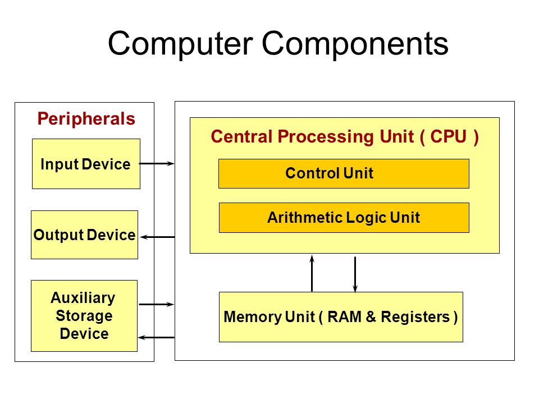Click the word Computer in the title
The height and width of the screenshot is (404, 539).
point(181,44)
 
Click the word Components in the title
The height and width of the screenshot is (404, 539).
point(355,44)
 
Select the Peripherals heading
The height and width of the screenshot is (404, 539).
point(86,119)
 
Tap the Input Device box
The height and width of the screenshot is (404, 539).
point(86,164)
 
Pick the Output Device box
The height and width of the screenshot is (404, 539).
point(85,235)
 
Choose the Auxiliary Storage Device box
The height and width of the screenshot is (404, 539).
point(84,316)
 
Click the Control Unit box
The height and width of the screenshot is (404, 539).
point(344,173)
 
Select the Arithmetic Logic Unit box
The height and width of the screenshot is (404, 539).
point(344,218)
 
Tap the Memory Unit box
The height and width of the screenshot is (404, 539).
point(341,316)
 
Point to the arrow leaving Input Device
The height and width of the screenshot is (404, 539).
point(157,163)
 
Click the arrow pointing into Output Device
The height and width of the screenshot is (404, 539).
point(157,237)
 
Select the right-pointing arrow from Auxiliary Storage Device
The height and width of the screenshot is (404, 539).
point(157,304)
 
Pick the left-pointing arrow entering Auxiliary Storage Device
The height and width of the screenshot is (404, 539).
point(156,338)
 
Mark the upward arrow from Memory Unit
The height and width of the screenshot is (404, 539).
point(312,273)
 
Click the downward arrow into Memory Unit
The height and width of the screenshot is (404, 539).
point(355,274)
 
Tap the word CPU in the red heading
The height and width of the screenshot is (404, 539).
point(448,136)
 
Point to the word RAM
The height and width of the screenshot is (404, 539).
point(344,316)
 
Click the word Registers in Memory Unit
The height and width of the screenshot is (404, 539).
point(415,317)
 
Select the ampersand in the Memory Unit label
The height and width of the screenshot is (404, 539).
point(371,316)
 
